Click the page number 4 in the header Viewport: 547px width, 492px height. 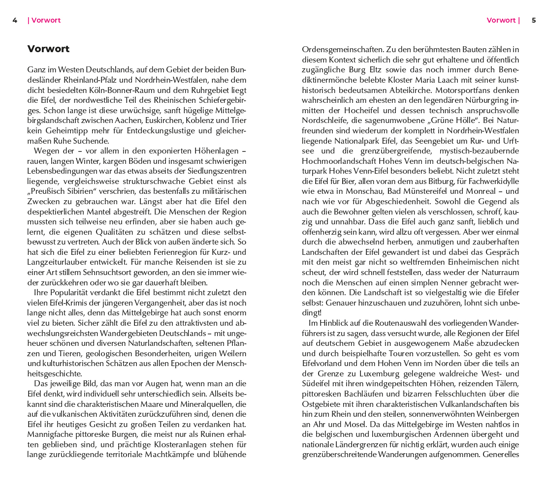[x=15, y=20]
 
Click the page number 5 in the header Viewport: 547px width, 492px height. [x=534, y=20]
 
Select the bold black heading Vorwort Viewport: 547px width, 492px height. [x=48, y=49]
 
